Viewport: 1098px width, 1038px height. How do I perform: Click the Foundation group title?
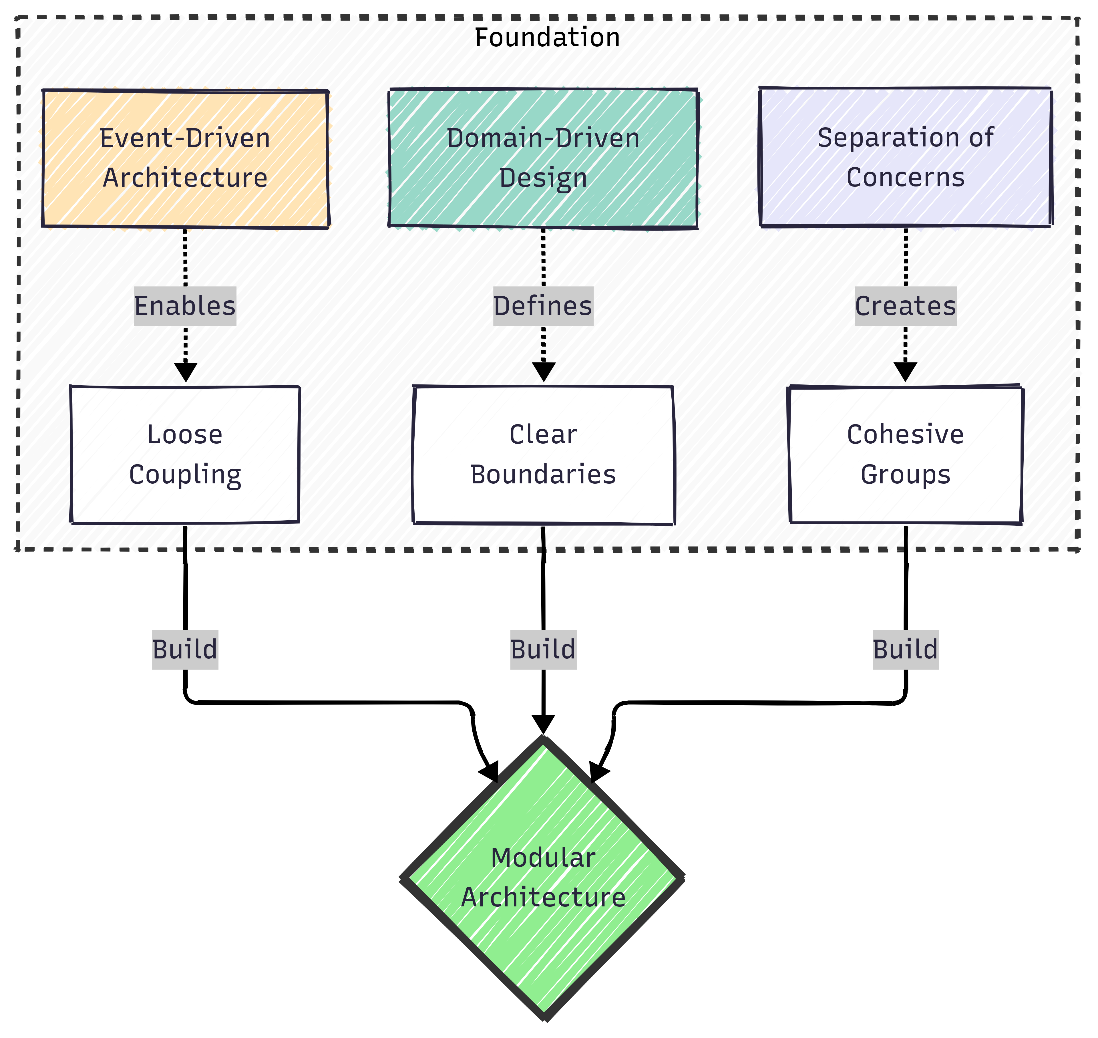547,38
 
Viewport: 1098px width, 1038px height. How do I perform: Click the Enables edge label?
185,306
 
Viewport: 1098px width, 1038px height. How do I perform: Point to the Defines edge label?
543,306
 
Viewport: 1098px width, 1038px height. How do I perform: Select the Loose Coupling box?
185,454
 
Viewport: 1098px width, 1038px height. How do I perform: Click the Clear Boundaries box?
543,454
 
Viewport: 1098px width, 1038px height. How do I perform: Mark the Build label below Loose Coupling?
185,650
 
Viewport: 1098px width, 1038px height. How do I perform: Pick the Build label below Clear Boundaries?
543,650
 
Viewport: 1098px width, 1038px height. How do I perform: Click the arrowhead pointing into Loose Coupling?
185,372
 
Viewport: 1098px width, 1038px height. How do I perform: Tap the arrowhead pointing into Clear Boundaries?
543,372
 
